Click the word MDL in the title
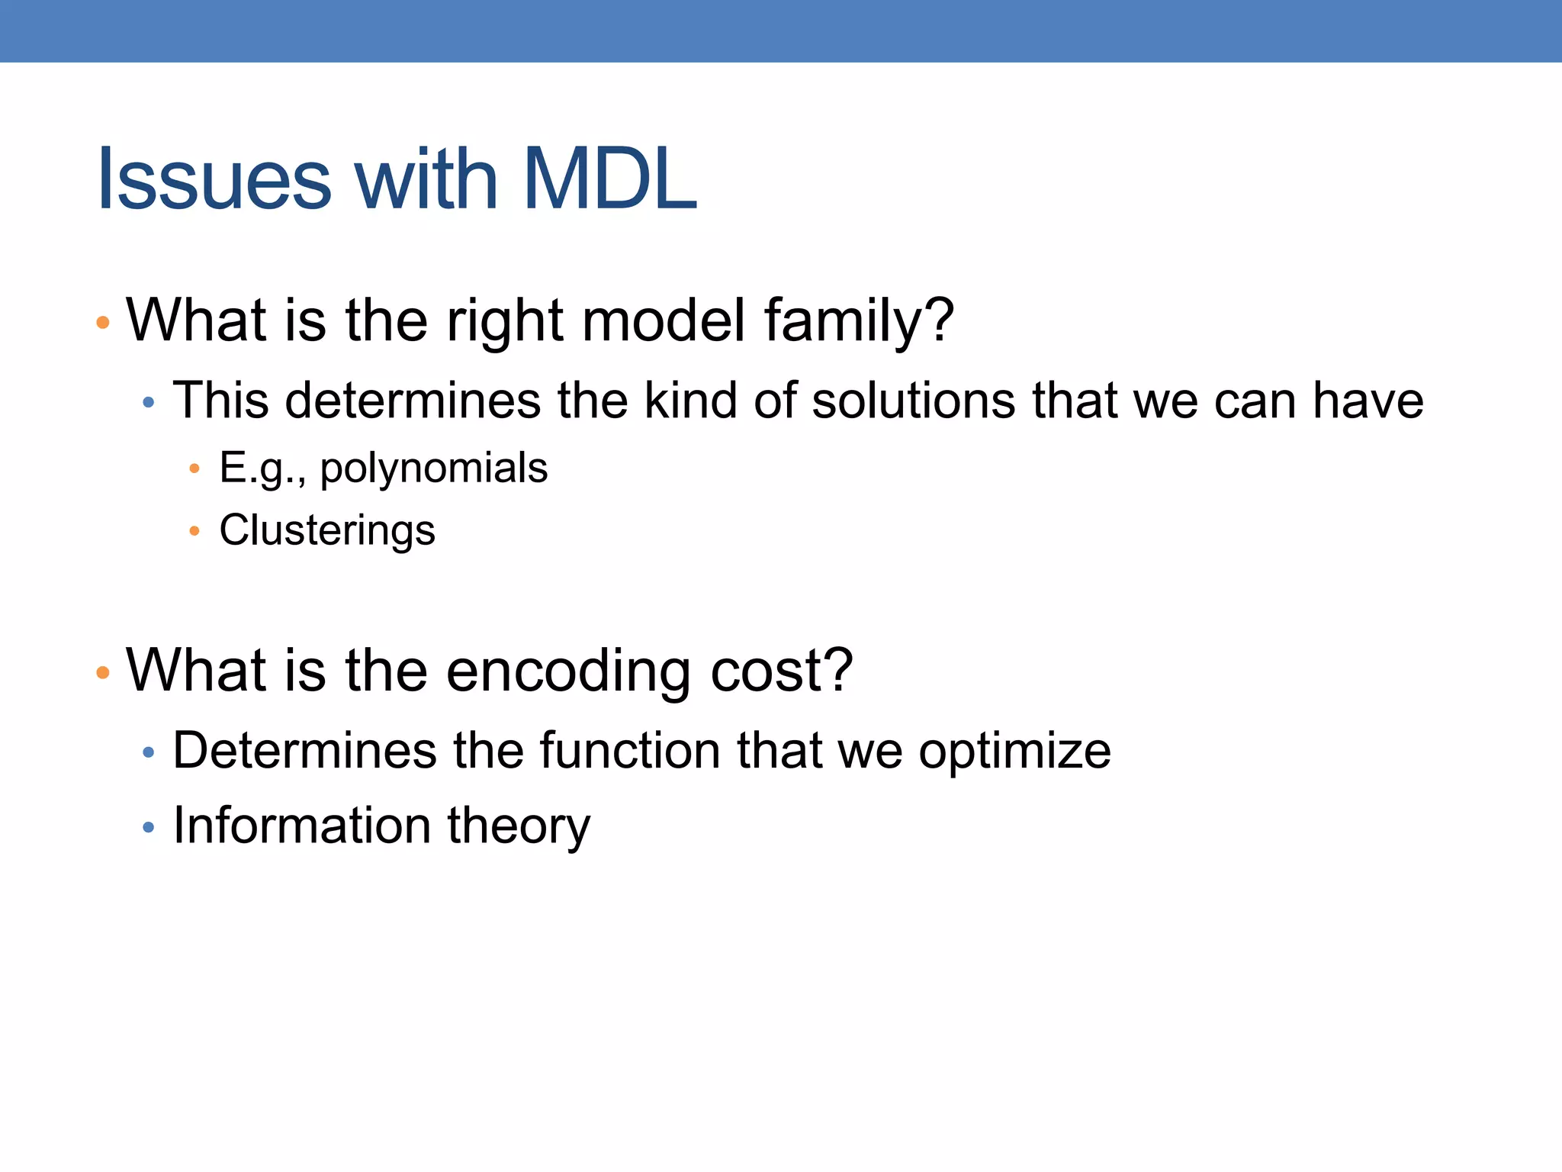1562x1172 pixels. pyautogui.click(x=609, y=180)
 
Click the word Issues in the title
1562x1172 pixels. pyautogui.click(x=214, y=180)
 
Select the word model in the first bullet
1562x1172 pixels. pyautogui.click(x=664, y=320)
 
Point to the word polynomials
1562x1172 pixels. pyautogui.click(x=433, y=468)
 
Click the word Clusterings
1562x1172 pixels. pyautogui.click(x=327, y=530)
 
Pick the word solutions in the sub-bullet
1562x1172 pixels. pyautogui.click(x=913, y=401)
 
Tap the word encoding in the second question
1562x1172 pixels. pyautogui.click(x=567, y=671)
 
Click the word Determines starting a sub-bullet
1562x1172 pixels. pyautogui.click(x=304, y=751)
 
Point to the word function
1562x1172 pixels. pyautogui.click(x=629, y=751)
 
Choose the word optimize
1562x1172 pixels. pyautogui.click(x=1014, y=752)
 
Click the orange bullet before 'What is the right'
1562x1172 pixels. pyautogui.click(x=103, y=323)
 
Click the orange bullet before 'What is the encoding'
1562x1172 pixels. pyautogui.click(x=103, y=673)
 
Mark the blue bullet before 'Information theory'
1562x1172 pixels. pyautogui.click(x=149, y=827)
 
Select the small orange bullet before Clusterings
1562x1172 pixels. pyautogui.click(x=194, y=531)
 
